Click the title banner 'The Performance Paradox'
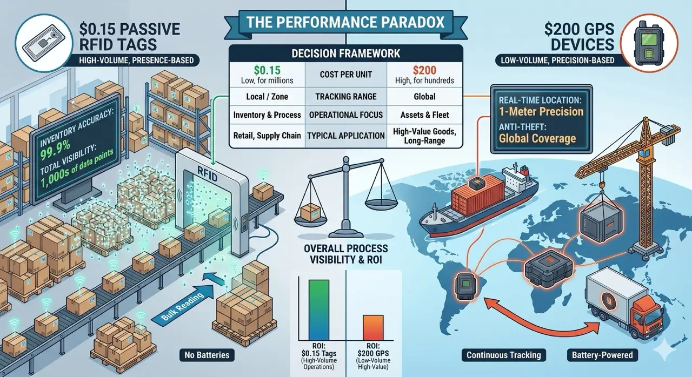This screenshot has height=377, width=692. [x=345, y=23]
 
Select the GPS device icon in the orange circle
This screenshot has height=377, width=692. [x=649, y=43]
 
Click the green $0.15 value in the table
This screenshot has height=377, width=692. [x=267, y=70]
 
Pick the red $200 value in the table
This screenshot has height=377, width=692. [x=424, y=70]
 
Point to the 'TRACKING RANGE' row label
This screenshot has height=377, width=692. [x=345, y=97]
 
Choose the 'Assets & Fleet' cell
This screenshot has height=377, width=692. [x=424, y=115]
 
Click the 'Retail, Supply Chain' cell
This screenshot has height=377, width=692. [x=267, y=136]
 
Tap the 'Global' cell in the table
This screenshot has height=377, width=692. [x=424, y=97]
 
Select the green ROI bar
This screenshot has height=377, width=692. [x=319, y=309]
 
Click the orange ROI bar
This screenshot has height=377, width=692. [x=373, y=327]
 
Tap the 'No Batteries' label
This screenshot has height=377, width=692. [x=207, y=355]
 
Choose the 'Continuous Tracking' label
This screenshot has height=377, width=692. [x=503, y=355]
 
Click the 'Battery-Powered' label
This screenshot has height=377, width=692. [x=602, y=355]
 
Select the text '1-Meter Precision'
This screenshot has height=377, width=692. [x=541, y=111]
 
